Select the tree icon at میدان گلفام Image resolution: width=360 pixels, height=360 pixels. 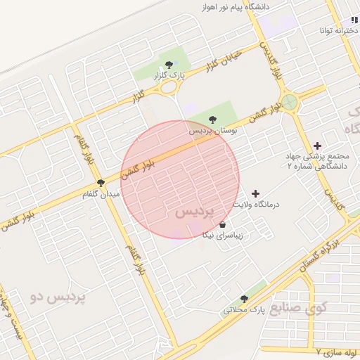101,183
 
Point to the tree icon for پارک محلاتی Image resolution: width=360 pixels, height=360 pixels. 244,299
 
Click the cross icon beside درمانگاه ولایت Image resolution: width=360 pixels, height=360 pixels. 255,193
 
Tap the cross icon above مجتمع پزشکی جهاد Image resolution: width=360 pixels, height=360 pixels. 318,145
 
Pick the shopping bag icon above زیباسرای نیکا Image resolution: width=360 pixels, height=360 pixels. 223,225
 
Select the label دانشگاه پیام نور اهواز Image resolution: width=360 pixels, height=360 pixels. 245,6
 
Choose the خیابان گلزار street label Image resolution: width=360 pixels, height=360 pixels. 224,62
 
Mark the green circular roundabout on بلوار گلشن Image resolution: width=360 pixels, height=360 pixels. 290,103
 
